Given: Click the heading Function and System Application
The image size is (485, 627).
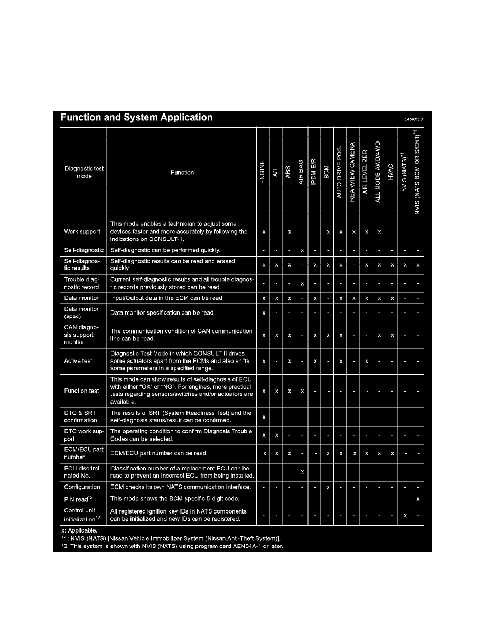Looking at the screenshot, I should coord(137,118).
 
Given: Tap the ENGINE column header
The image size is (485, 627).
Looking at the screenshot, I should coord(263,172).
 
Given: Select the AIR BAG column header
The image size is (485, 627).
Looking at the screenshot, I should coord(301,172).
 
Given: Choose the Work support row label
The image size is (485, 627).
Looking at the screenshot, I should coord(82,232).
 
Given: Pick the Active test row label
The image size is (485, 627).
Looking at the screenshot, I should coord(78,361).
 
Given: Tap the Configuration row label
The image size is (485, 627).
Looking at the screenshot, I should coord(82,487).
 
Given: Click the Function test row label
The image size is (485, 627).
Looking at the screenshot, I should coord(82,391).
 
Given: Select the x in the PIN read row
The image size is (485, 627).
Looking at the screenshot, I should coord(418,499).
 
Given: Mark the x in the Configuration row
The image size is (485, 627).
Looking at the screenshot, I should coord(328,487).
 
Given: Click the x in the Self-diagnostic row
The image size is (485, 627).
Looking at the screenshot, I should coord(302,250).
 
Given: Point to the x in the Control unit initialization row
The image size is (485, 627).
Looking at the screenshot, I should coord(405,516).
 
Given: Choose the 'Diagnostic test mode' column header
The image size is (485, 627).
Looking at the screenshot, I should coord(84,172).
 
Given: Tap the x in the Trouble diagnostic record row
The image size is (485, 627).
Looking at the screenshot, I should coord(302,283).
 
